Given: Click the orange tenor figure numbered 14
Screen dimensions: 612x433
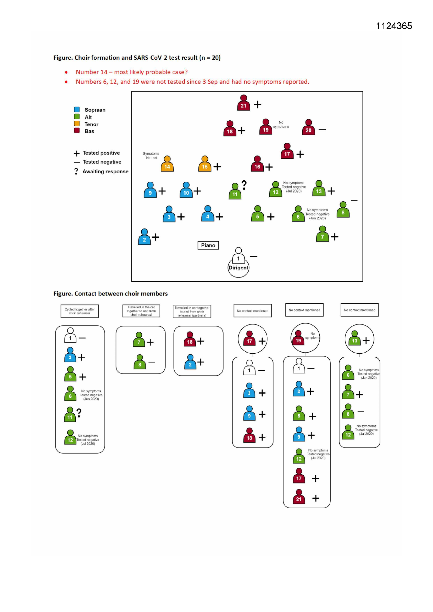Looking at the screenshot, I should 167,164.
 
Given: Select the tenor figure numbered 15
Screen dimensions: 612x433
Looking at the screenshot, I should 204,164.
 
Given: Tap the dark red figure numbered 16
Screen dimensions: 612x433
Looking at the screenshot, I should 257,164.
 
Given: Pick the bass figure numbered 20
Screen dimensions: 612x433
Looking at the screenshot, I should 308,127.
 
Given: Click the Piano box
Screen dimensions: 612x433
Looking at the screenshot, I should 208,245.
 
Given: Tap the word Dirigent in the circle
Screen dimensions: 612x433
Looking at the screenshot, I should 238,268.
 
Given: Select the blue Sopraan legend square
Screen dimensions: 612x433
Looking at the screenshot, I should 77,109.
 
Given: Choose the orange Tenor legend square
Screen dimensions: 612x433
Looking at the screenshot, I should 77,123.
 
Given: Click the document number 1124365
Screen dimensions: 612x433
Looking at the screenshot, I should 394,26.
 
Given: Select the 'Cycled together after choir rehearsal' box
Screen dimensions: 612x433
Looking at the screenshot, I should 80,311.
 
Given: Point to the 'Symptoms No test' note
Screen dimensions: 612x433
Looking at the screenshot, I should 151,156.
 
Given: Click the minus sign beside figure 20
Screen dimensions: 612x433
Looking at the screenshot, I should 322,130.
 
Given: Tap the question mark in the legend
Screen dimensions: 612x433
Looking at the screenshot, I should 76,171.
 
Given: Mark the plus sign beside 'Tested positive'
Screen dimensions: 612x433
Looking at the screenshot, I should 76,153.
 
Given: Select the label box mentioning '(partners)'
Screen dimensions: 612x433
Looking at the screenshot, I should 192,311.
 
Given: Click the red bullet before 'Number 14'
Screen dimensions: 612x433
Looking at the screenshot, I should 66,72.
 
